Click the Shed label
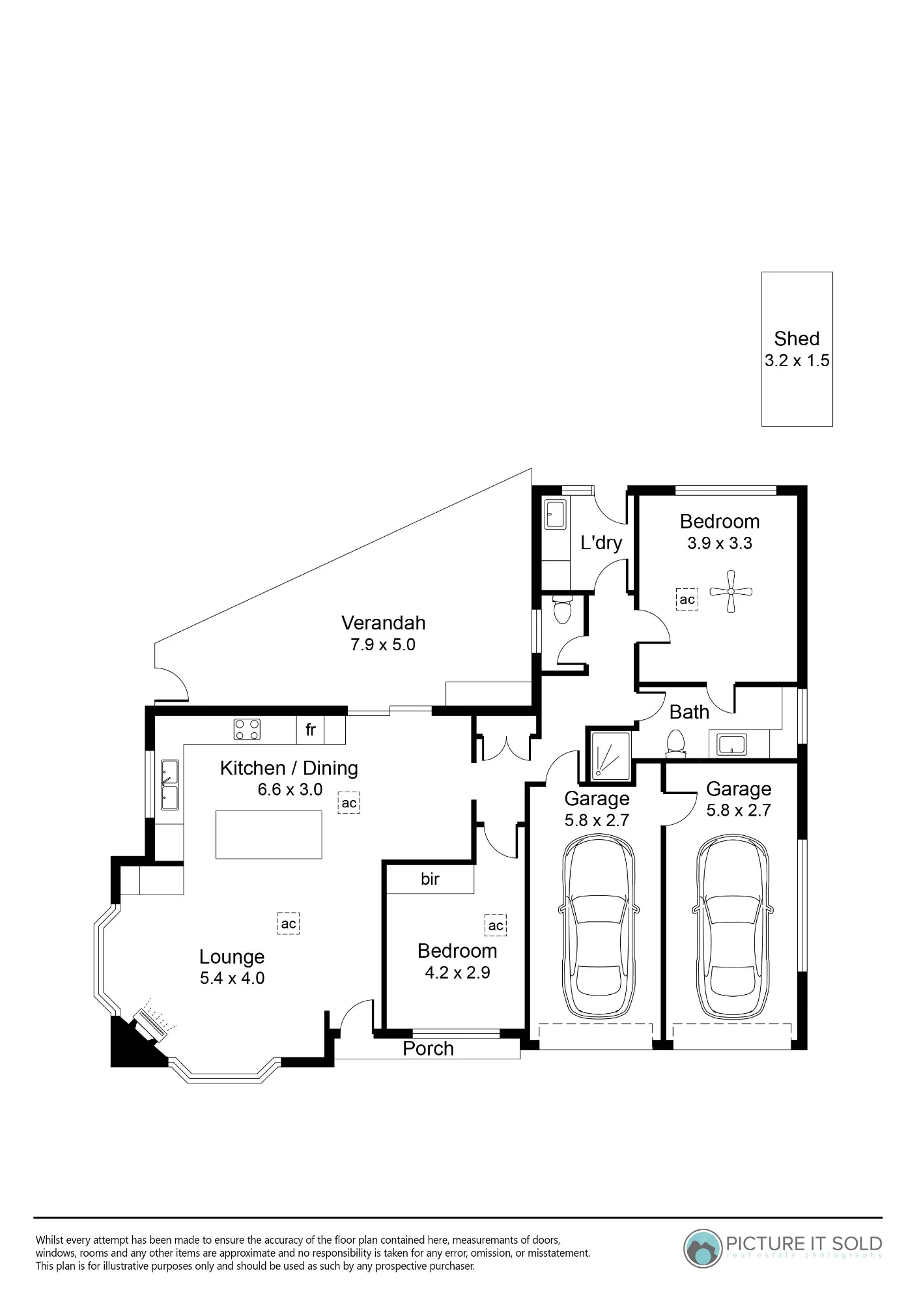(797, 339)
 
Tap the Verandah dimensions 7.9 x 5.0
(383, 644)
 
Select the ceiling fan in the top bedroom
(731, 592)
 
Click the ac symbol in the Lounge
(289, 923)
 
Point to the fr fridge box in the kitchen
(311, 730)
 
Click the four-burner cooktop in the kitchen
(247, 729)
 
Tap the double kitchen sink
(170, 785)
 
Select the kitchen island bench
(269, 835)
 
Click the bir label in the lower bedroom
(430, 879)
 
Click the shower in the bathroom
(610, 756)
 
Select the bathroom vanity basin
(731, 744)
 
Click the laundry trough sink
(556, 515)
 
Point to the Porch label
(428, 1048)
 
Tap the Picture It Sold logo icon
(703, 1248)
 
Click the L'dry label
(601, 543)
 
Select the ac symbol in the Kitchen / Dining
(349, 803)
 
